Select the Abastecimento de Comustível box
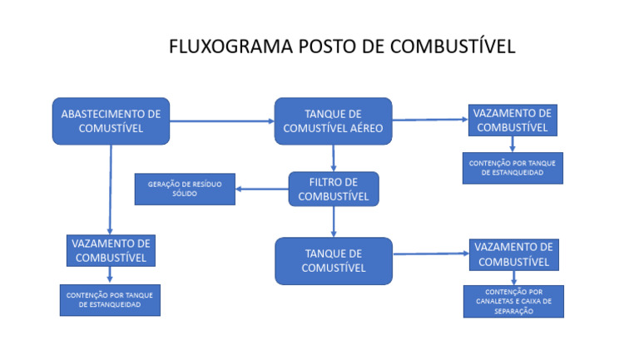(111, 121)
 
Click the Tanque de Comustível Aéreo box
(333, 121)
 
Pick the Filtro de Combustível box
(333, 189)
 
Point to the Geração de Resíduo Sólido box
(185, 189)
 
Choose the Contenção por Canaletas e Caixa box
(513, 301)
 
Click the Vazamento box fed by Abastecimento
(111, 250)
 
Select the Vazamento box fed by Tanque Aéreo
(511, 121)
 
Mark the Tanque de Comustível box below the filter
(333, 260)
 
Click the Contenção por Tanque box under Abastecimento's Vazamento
(109, 300)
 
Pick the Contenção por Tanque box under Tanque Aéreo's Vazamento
(513, 168)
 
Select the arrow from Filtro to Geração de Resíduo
(261, 189)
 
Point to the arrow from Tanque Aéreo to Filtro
(333, 158)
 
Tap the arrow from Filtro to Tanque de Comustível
(333, 221)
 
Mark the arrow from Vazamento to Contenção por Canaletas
(513, 278)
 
